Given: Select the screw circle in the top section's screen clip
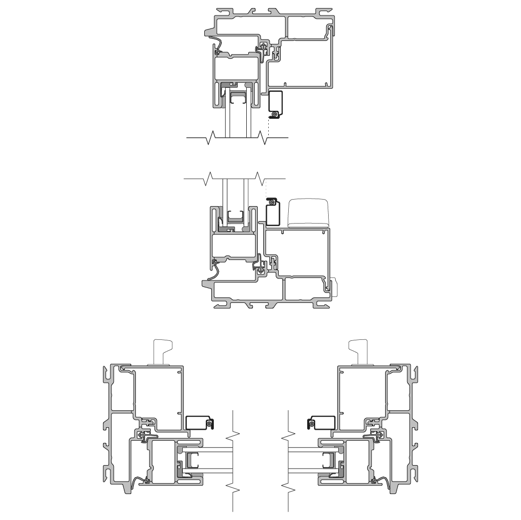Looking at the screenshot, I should coord(274,115).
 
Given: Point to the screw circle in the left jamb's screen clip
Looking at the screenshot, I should coord(210,424).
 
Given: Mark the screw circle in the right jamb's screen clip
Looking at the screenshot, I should coord(311,424).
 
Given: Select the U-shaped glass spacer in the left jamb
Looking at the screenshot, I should coord(193,461).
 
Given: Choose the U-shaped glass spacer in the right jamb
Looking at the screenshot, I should coord(329,461).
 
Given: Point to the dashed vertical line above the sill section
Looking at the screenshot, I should coord(267,188).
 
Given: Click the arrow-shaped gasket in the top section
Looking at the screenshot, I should coord(262,49).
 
